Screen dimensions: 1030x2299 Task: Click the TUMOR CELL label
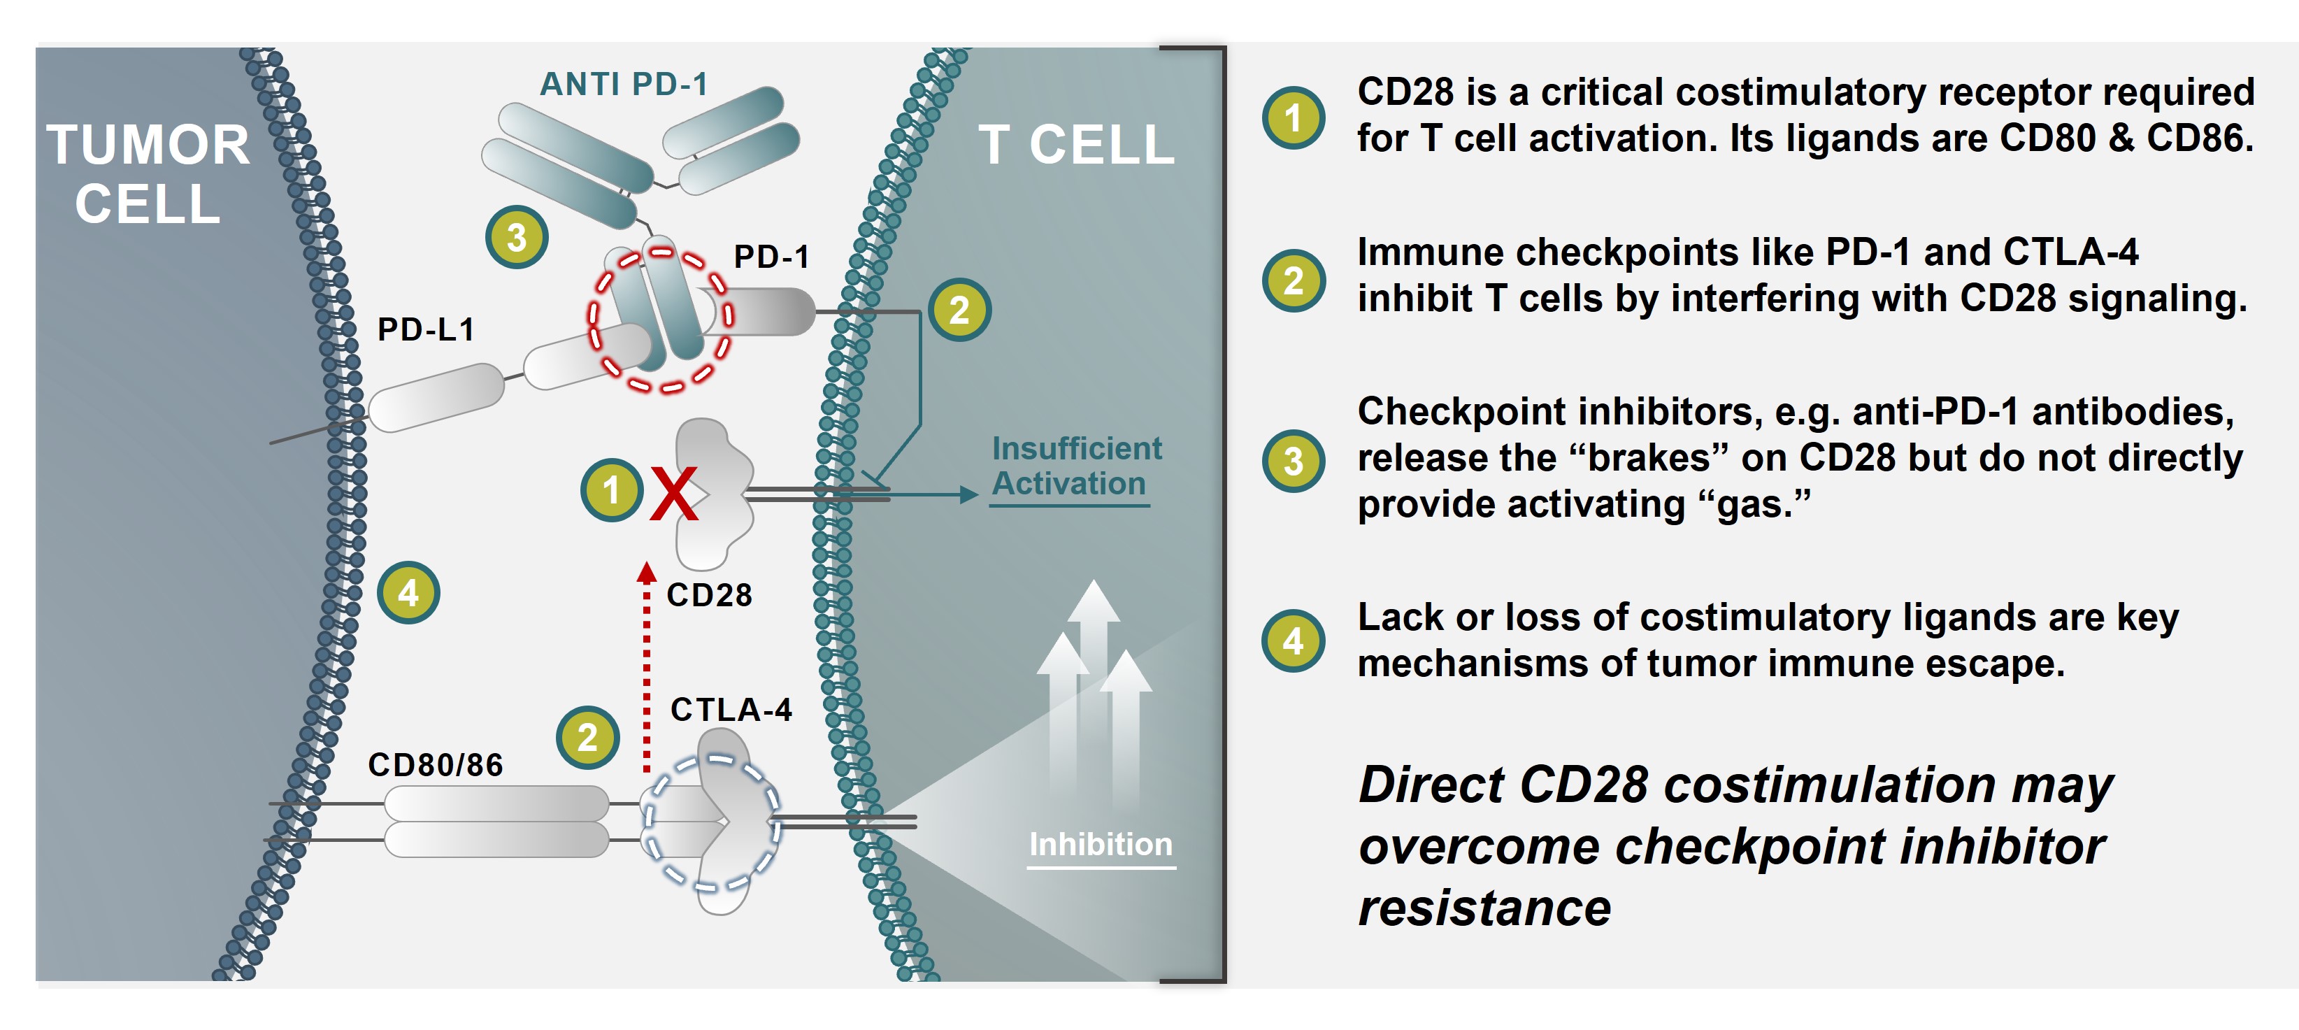pos(148,174)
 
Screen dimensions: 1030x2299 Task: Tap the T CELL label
pos(1076,145)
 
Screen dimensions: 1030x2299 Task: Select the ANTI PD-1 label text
pos(624,84)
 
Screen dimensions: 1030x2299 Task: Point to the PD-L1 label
pos(426,329)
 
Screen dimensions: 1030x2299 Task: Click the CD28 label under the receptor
pos(710,594)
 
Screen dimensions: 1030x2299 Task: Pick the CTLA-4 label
pos(731,710)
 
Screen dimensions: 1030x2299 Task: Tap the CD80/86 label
pos(436,765)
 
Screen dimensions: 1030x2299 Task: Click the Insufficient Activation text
pos(1076,466)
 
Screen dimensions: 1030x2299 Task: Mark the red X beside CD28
pos(673,494)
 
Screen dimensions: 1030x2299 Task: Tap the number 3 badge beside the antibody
pos(517,238)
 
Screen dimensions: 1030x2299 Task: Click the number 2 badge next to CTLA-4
pos(587,737)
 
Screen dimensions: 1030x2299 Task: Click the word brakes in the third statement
pos(1646,458)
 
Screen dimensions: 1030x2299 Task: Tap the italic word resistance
pos(1484,908)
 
